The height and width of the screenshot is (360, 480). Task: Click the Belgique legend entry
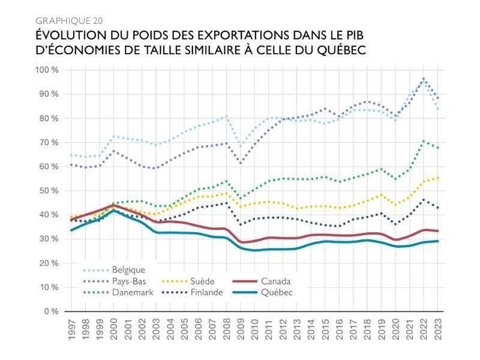(x=128, y=270)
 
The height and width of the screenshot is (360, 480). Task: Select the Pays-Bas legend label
(x=129, y=281)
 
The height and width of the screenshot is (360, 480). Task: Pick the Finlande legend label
(x=206, y=292)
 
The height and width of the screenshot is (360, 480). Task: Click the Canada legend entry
(x=277, y=281)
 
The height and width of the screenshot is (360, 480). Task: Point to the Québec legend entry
(x=277, y=292)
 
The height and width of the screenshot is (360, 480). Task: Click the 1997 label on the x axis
(x=71, y=330)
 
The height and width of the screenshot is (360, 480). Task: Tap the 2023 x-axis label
(x=437, y=330)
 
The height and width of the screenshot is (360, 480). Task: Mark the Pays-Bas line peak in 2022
(x=424, y=79)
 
